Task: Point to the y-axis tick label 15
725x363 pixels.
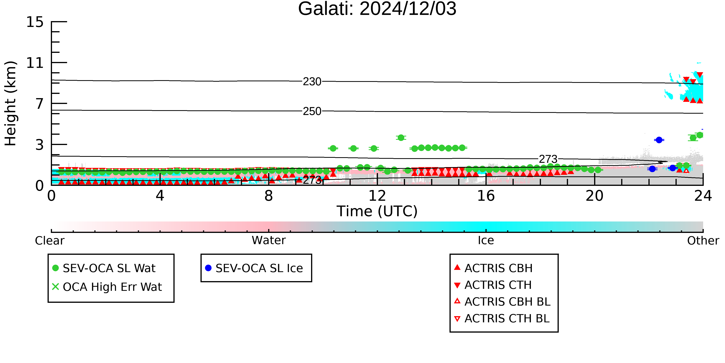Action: coord(35,22)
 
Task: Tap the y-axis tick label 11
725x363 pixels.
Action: coord(35,63)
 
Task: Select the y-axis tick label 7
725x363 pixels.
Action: coord(40,104)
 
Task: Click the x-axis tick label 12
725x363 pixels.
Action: coord(377,196)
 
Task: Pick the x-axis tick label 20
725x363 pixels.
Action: coord(594,196)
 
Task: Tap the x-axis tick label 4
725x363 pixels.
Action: coord(160,196)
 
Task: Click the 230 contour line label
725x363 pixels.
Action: coord(312,82)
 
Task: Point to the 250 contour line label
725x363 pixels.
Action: coord(312,111)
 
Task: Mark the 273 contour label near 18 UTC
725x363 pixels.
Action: coord(548,159)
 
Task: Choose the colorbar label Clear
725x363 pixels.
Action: coord(49,241)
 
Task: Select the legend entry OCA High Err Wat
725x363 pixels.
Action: coord(107,287)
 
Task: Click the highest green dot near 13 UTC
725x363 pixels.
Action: coord(401,137)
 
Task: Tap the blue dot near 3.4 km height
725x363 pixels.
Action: coord(659,140)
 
